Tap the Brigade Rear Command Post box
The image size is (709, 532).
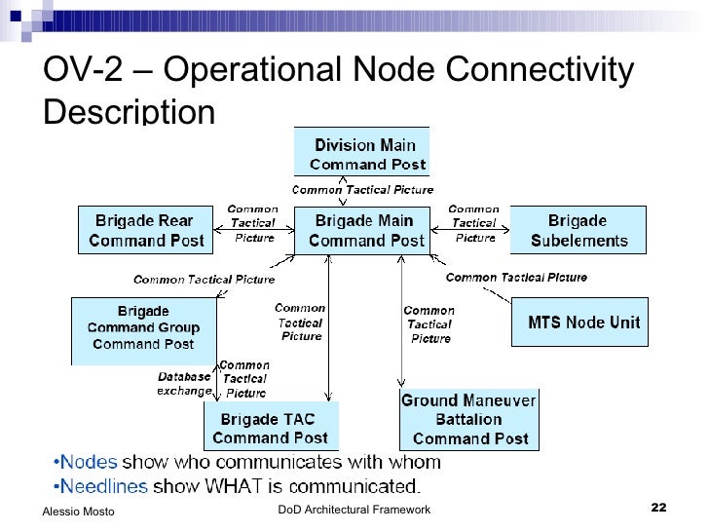pyautogui.click(x=145, y=230)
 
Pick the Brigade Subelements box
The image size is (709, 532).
pyautogui.click(x=578, y=230)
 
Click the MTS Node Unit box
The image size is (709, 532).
pyautogui.click(x=582, y=322)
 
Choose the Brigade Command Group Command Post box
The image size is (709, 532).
pyautogui.click(x=143, y=328)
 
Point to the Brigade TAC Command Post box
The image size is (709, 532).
pyautogui.click(x=270, y=429)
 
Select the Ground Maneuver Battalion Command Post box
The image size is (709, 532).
pyautogui.click(x=469, y=419)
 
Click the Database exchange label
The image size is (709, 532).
pyautogui.click(x=183, y=383)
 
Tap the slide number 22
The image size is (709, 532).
pyautogui.click(x=658, y=508)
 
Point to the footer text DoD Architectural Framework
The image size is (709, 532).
pyautogui.click(x=354, y=510)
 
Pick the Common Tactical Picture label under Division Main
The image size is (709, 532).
pyautogui.click(x=362, y=189)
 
